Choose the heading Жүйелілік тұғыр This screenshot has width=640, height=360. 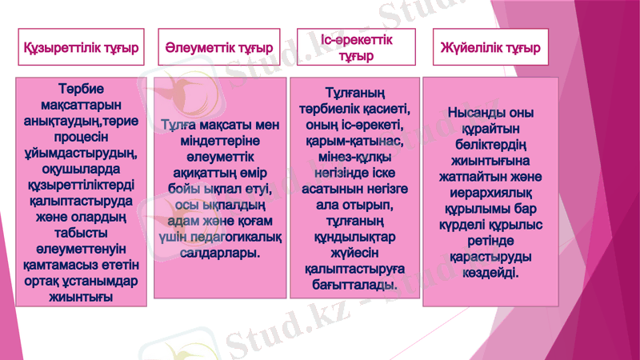click(490, 49)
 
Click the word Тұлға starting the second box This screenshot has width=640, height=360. click(180, 126)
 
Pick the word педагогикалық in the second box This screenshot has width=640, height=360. click(241, 237)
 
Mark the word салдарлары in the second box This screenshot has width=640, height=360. click(218, 253)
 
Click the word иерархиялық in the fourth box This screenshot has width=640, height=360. click(490, 193)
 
